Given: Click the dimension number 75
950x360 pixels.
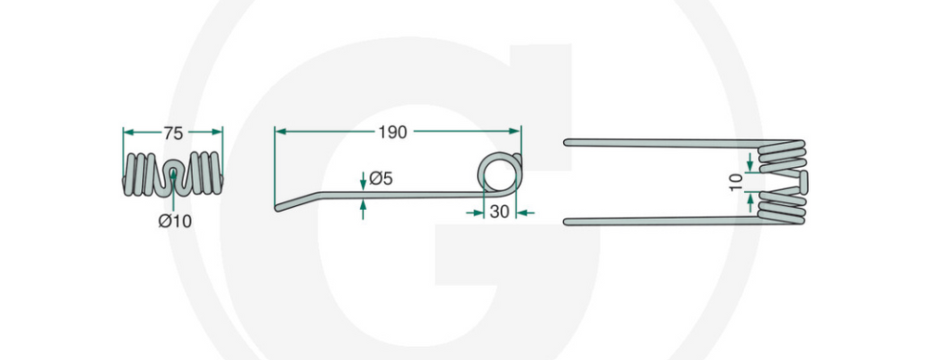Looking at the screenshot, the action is [x=173, y=134].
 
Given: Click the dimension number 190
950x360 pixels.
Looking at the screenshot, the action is [x=392, y=134].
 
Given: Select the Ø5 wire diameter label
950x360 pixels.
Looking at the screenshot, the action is [x=381, y=179].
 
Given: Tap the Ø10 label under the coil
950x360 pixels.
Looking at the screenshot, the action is [x=175, y=222].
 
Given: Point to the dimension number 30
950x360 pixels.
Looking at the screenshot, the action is [x=499, y=212].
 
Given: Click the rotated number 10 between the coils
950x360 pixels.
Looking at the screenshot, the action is [x=736, y=182].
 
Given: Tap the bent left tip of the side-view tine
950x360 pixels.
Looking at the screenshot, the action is [x=278, y=208].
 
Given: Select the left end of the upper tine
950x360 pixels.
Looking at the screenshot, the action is [x=567, y=143].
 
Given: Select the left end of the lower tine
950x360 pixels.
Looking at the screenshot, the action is [x=567, y=222].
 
